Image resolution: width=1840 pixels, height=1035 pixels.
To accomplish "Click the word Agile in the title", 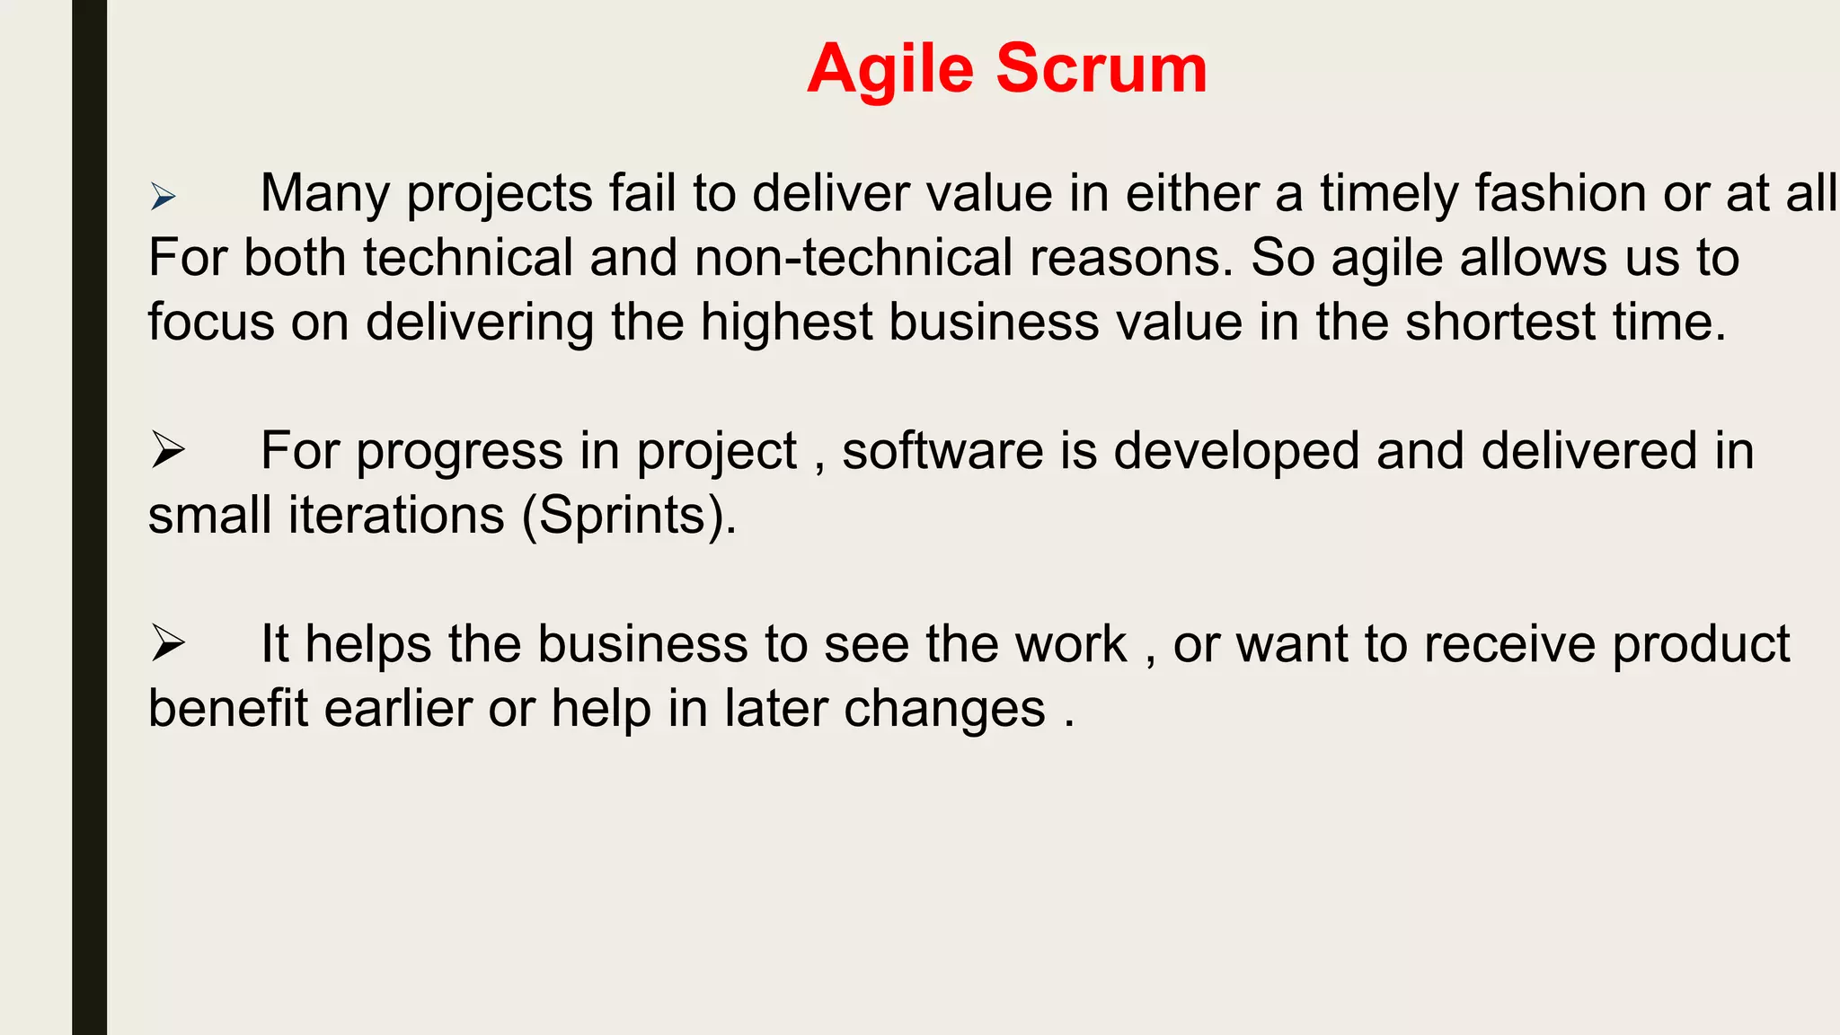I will pos(889,70).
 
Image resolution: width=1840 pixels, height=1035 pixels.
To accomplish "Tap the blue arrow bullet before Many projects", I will pos(163,196).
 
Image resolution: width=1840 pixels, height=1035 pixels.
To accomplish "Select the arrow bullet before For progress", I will pos(167,449).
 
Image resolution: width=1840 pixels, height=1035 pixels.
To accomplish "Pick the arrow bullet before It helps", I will pos(167,643).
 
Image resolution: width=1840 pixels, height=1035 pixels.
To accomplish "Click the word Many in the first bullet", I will pos(325,193).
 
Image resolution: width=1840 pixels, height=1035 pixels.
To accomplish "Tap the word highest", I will pos(786,323).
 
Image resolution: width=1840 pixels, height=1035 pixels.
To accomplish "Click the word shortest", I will pos(1500,323).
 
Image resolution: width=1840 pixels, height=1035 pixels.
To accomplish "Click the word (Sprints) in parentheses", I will pos(629,517).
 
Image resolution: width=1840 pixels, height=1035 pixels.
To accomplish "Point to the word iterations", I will pos(396,516).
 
